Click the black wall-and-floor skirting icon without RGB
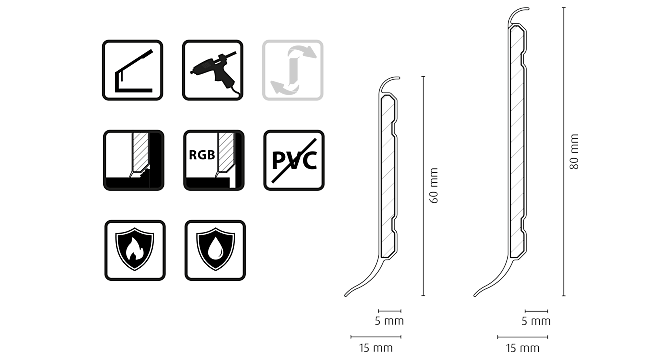coord(131,159)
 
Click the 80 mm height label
coord(574,152)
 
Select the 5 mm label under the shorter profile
coord(388,322)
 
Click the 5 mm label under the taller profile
coord(535,322)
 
